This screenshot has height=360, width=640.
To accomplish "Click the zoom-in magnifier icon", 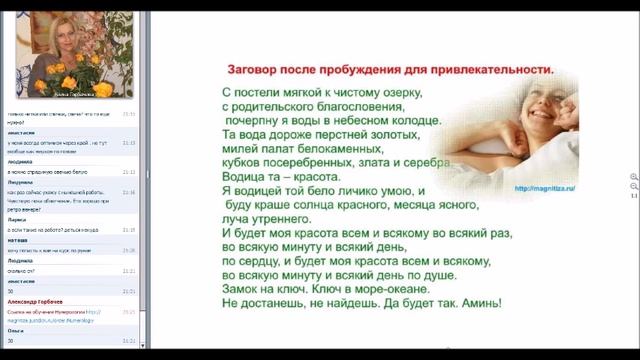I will pyautogui.click(x=633, y=177).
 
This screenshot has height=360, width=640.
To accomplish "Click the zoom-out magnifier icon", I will pyautogui.click(x=633, y=187).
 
